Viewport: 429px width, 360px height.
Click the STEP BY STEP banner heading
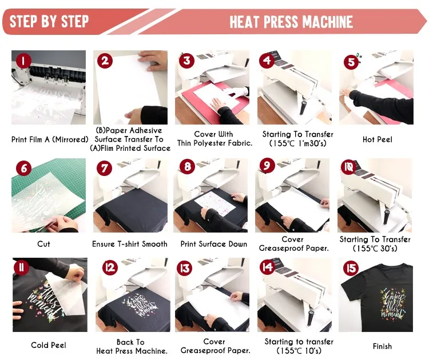[49, 22]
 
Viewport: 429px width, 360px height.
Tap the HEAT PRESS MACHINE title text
[291, 22]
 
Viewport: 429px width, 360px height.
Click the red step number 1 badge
[23, 61]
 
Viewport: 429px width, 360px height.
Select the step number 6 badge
[24, 168]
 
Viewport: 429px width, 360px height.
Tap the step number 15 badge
[351, 268]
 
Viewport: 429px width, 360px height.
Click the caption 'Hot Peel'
[378, 139]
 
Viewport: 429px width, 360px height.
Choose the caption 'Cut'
[44, 244]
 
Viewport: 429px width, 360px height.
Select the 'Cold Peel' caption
[49, 345]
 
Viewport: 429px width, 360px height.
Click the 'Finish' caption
[382, 346]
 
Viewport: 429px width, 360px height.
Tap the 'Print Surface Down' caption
[214, 244]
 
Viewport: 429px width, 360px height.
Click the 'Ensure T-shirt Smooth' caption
[130, 244]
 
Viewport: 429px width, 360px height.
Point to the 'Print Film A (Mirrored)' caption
[50, 139]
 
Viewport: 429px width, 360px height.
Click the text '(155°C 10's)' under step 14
[299, 351]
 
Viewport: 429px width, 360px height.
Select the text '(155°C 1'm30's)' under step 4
[297, 143]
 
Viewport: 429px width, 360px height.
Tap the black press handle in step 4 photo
[303, 108]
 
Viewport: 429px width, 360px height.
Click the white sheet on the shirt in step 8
[215, 203]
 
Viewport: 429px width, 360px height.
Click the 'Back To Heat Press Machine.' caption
[132, 347]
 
